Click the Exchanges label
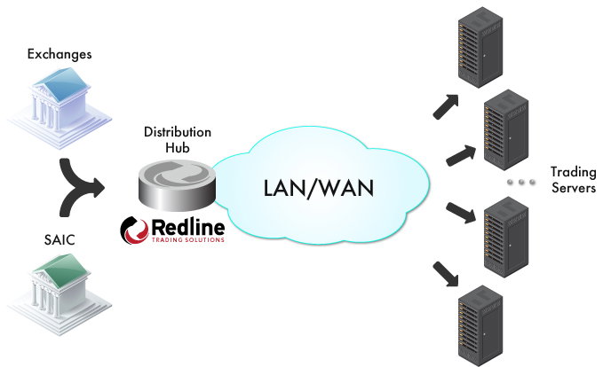coord(60,54)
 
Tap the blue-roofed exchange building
coord(60,107)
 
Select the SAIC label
coord(60,240)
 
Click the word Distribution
coord(178,132)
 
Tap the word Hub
coord(178,148)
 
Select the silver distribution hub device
coord(177,185)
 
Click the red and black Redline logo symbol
coord(134,231)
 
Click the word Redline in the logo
coord(187,227)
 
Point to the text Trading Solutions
coord(187,240)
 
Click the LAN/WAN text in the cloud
coord(319,188)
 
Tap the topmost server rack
coord(480,48)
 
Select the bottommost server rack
coord(480,326)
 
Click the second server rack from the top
coord(506,129)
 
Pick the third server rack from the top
coord(506,238)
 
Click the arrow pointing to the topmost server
coord(446,106)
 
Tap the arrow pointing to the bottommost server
coord(446,274)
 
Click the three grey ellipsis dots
coord(521,182)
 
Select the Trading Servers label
coord(573,180)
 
